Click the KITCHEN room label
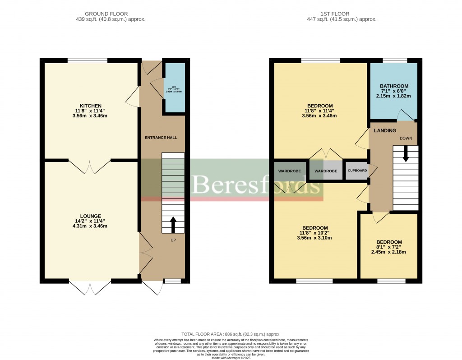pos(91,106)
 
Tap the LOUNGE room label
pos(91,216)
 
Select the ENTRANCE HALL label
pos(161,137)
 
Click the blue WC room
pos(174,88)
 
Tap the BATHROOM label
pos(394,86)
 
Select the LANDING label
pos(385,131)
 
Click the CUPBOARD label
pos(357,171)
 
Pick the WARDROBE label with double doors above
pos(326,171)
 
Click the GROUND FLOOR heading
pos(106,14)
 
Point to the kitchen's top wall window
pos(88,60)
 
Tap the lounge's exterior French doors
pos(90,286)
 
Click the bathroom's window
pos(394,60)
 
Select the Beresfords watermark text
pos(257,185)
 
